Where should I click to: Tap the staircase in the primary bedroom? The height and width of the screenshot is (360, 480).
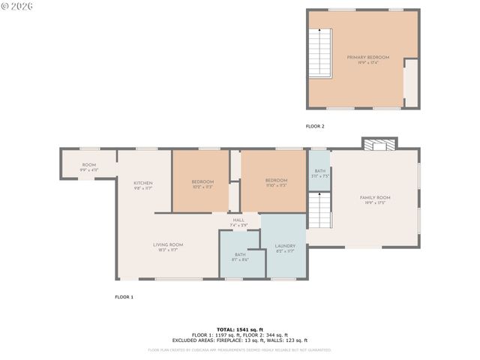pos(320,53)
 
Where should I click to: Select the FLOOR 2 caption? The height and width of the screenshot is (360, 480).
pos(315,126)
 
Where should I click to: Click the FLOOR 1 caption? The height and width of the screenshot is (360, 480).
pos(124,297)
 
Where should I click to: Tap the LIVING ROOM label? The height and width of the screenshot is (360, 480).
pos(169,247)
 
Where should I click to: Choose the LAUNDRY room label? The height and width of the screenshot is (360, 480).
pos(285,248)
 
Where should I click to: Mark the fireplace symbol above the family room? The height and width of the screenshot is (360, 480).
pos(379,143)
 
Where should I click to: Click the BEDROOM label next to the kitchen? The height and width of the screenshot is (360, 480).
pos(202,184)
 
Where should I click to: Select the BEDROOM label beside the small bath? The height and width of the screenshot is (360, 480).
pos(276,182)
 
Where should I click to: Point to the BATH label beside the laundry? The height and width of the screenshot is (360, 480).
pos(240,256)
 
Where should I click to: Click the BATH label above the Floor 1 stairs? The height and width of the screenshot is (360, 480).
pos(320,173)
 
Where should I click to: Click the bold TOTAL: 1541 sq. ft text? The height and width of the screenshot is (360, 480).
pos(240,329)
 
